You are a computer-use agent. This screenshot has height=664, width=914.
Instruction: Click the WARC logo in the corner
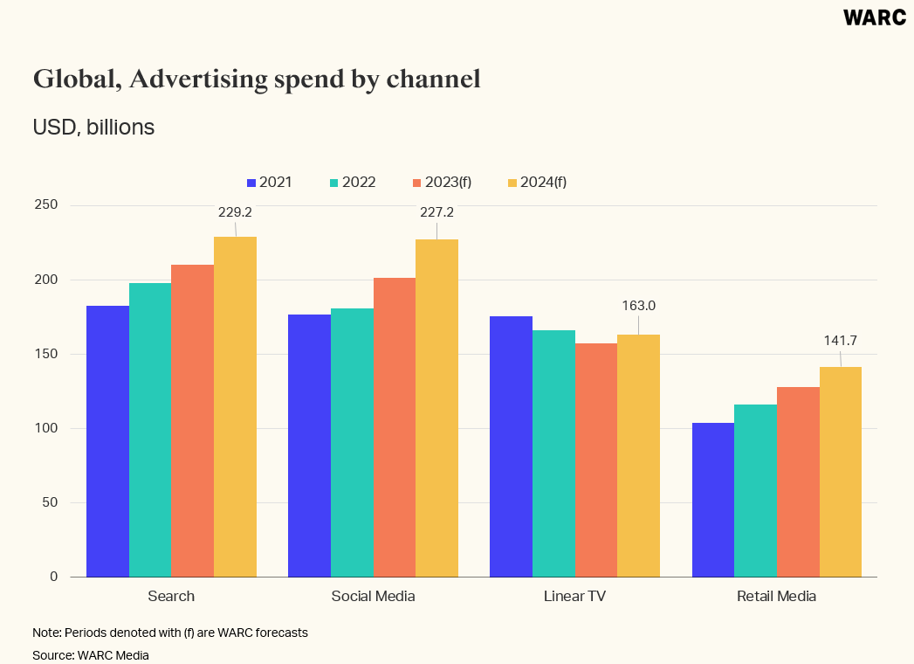[x=874, y=17]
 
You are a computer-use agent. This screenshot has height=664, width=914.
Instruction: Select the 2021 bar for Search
[x=108, y=441]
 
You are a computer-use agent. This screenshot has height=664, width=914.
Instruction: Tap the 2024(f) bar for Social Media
[x=436, y=408]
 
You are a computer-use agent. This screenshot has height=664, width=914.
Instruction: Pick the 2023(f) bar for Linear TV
[x=596, y=460]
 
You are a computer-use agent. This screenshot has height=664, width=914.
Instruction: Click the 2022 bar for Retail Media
[x=755, y=490]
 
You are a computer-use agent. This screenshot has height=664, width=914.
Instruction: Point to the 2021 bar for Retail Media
[x=713, y=500]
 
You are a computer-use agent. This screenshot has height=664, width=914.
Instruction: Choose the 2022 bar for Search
[x=150, y=430]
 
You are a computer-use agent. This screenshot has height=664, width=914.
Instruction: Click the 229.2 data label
[x=235, y=211]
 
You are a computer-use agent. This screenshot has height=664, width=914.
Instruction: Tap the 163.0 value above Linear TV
[x=638, y=306]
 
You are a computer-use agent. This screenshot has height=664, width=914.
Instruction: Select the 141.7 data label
[x=841, y=340]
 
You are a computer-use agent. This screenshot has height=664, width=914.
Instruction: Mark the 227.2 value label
[x=436, y=211]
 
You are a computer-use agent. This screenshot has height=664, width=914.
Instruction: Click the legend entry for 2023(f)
[x=447, y=183]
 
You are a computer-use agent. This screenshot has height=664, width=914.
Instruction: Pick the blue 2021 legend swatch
[x=251, y=183]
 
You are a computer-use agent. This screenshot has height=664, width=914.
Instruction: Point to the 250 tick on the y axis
[x=46, y=205]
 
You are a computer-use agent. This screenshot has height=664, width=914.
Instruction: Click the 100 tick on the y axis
[x=46, y=428]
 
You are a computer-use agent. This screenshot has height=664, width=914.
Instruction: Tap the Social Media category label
[x=373, y=597]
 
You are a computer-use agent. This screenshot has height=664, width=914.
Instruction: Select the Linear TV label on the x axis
[x=574, y=597]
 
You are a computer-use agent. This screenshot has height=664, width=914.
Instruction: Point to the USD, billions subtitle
[x=93, y=128]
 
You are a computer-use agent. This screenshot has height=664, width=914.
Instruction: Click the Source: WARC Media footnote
[x=91, y=654]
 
